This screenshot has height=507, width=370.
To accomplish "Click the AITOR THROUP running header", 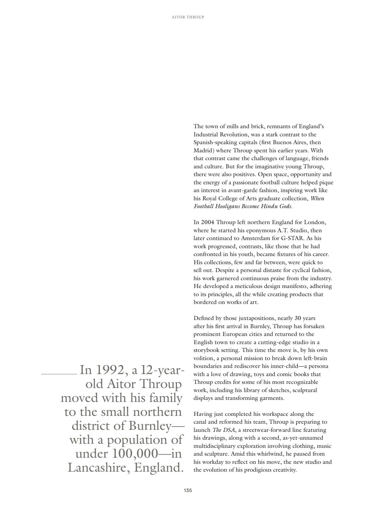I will [188, 17].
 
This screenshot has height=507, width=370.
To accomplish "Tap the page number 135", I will [188, 490].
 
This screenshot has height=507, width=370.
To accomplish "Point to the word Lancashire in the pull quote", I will [98, 468].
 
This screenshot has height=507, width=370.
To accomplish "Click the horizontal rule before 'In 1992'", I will [59, 374].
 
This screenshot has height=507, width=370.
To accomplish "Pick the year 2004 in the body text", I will [208, 222].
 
